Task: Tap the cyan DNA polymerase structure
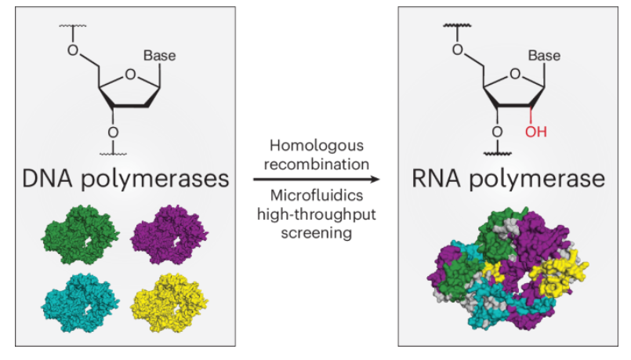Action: pyautogui.click(x=79, y=304)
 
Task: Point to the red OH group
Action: pyautogui.click(x=536, y=130)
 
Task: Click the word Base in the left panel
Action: pyautogui.click(x=159, y=56)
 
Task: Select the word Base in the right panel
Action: pyautogui.click(x=544, y=56)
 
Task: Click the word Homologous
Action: pyautogui.click(x=313, y=146)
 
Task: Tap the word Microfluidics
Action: pyautogui.click(x=313, y=197)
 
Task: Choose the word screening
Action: pyautogui.click(x=313, y=233)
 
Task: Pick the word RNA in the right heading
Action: pyautogui.click(x=437, y=178)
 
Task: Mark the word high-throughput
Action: pyautogui.click(x=313, y=215)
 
